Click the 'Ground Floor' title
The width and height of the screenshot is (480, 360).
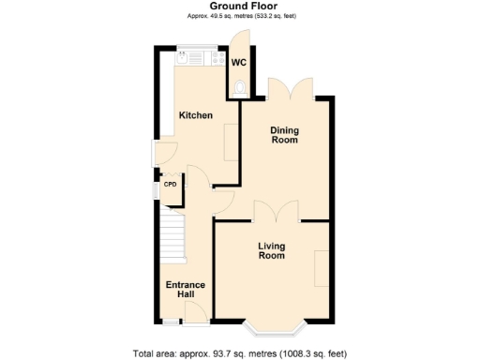pyautogui.click(x=240, y=6)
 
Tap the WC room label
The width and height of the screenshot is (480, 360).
pyautogui.click(x=239, y=63)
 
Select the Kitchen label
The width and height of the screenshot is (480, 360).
pyautogui.click(x=196, y=115)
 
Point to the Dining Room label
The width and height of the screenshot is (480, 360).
pyautogui.click(x=284, y=135)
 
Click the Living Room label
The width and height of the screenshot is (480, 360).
pyautogui.click(x=272, y=250)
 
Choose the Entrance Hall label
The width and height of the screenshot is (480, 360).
pyautogui.click(x=186, y=290)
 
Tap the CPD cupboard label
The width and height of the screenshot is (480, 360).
pyautogui.click(x=171, y=185)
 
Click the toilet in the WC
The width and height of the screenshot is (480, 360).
pyautogui.click(x=240, y=89)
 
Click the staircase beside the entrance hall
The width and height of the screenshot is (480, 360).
pyautogui.click(x=172, y=239)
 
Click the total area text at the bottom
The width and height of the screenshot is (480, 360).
pyautogui.click(x=240, y=353)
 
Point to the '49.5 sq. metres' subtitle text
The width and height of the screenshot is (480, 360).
pyautogui.click(x=240, y=17)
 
